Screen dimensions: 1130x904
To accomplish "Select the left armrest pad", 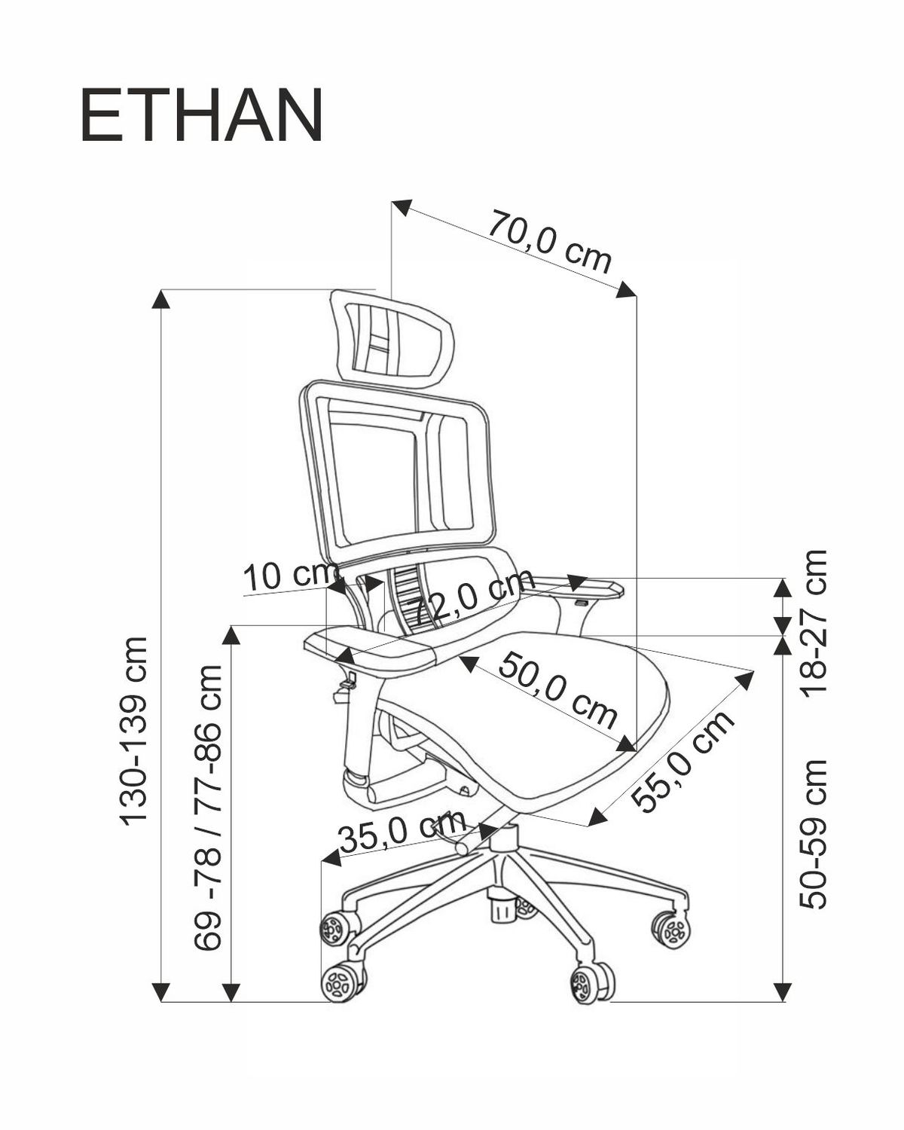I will tap(373, 648).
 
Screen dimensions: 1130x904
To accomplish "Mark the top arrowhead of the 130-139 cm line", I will tap(160, 298).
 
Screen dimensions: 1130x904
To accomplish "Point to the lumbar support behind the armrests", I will tap(411, 599).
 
